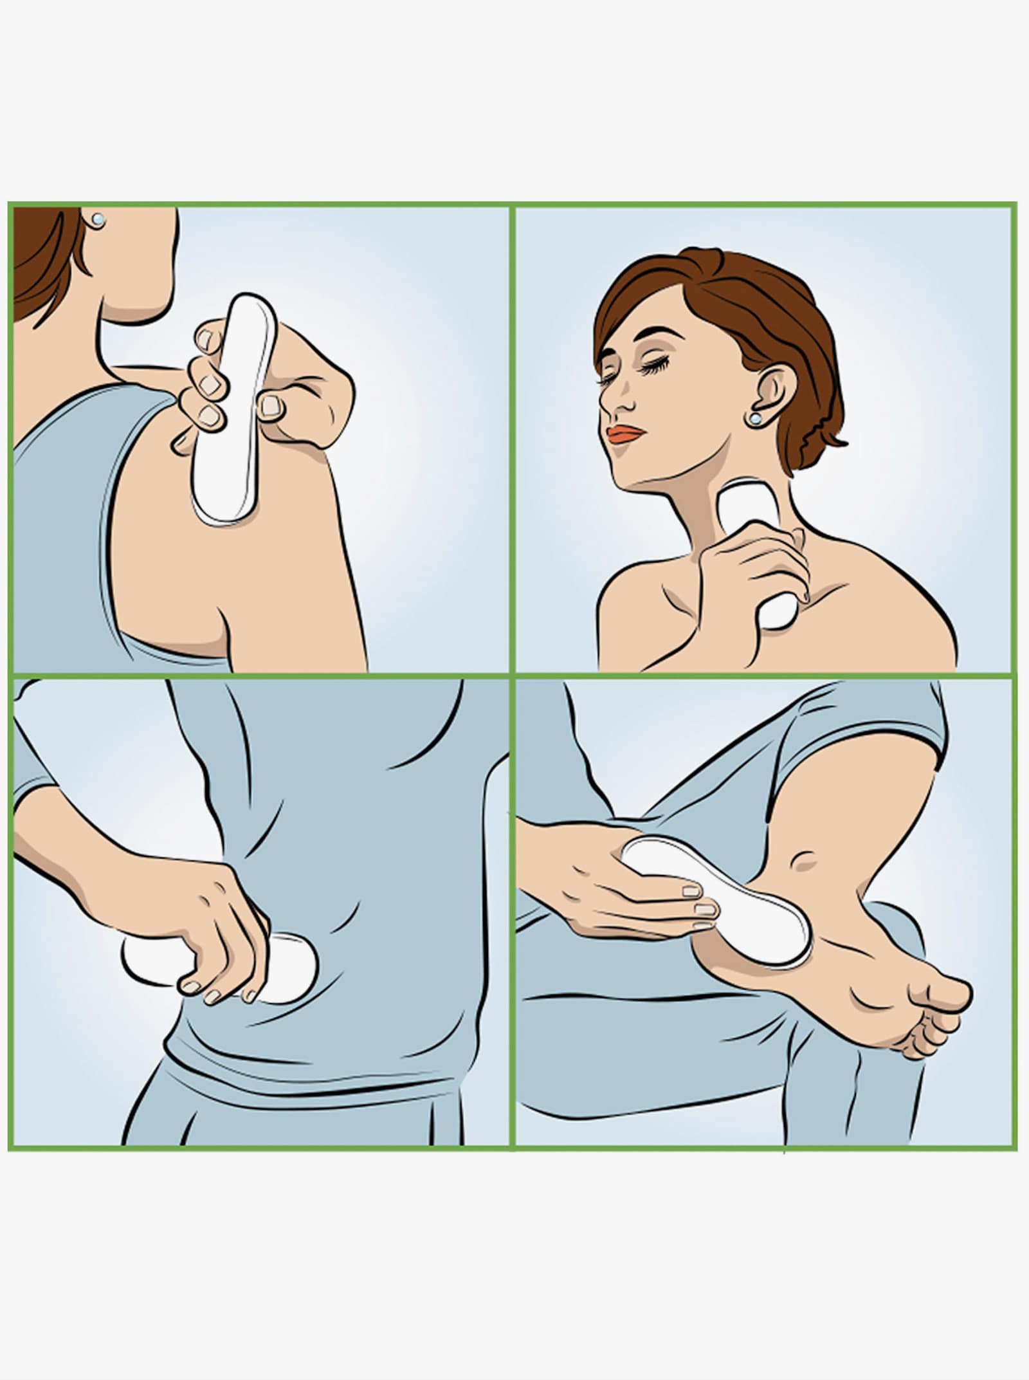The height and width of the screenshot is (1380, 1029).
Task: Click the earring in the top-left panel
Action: pyautogui.click(x=97, y=220)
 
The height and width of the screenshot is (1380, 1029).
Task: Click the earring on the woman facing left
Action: pyautogui.click(x=754, y=419)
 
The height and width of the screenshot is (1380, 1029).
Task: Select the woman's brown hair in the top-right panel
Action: pyautogui.click(x=727, y=296)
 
